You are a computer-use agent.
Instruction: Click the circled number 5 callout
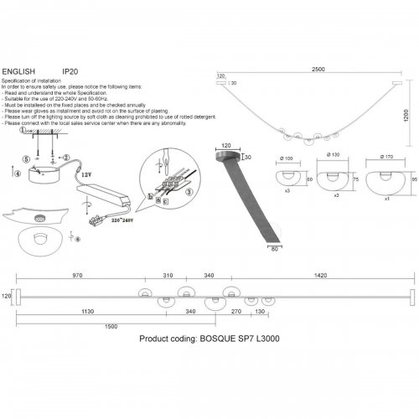click(x=25, y=158)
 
